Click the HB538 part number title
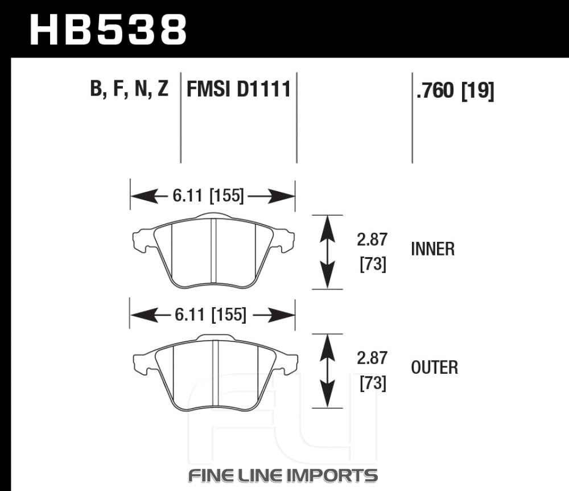[108, 30]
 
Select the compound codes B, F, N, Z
[129, 88]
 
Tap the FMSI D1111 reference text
[238, 89]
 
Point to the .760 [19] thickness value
[455, 90]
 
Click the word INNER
[432, 249]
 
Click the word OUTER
[434, 368]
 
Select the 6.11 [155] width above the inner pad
[208, 196]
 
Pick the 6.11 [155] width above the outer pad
[211, 315]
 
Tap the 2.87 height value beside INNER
[372, 240]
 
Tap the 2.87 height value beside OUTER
[372, 358]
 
